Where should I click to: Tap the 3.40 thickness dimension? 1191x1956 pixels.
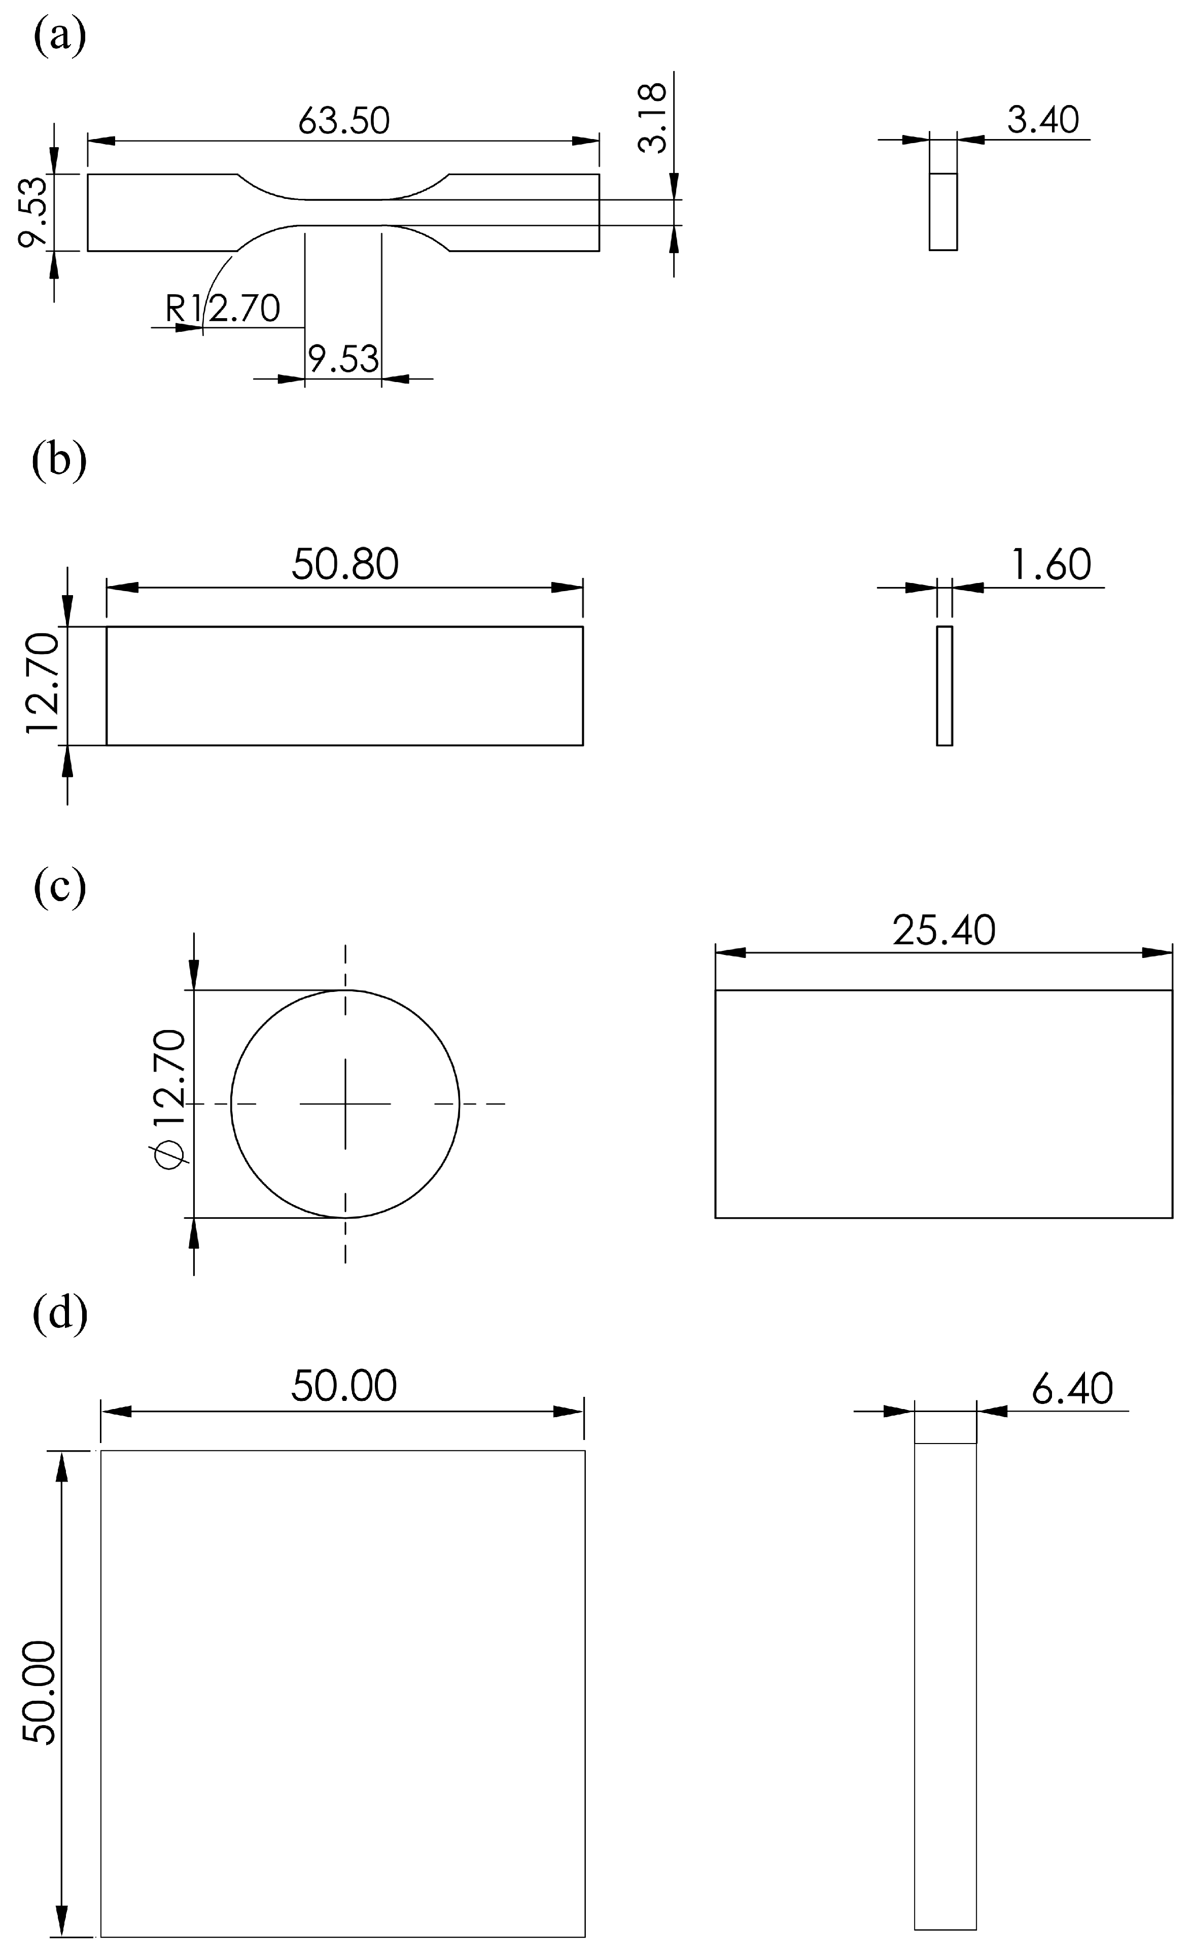click(1042, 120)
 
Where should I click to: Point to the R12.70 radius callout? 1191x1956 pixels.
click(223, 308)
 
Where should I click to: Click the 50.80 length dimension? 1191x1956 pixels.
click(344, 564)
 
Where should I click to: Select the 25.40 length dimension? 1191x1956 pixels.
click(943, 931)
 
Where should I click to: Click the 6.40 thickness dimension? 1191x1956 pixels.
click(1072, 1388)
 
